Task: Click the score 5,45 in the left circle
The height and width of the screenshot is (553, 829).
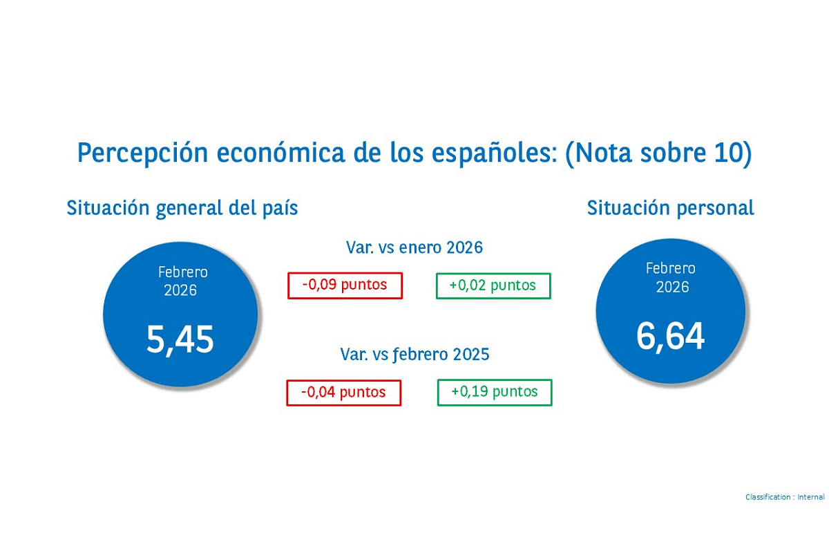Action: point(180,339)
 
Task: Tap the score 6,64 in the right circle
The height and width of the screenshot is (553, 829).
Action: point(670,337)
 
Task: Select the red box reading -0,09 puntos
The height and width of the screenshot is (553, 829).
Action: point(345,285)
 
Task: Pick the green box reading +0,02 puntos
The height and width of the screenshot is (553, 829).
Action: point(493,285)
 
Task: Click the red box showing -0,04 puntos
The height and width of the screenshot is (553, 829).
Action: point(343,393)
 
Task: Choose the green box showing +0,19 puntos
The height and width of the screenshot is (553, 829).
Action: point(495,392)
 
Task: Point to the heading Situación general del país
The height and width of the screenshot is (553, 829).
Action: point(182,208)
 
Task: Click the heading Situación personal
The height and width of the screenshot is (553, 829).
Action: point(670,208)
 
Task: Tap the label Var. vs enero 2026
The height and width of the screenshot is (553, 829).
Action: point(414,247)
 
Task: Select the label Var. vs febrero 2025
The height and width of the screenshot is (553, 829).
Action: point(414,355)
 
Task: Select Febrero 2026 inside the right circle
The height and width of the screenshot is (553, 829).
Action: point(671,277)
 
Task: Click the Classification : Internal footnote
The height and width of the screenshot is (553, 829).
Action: point(785,497)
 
